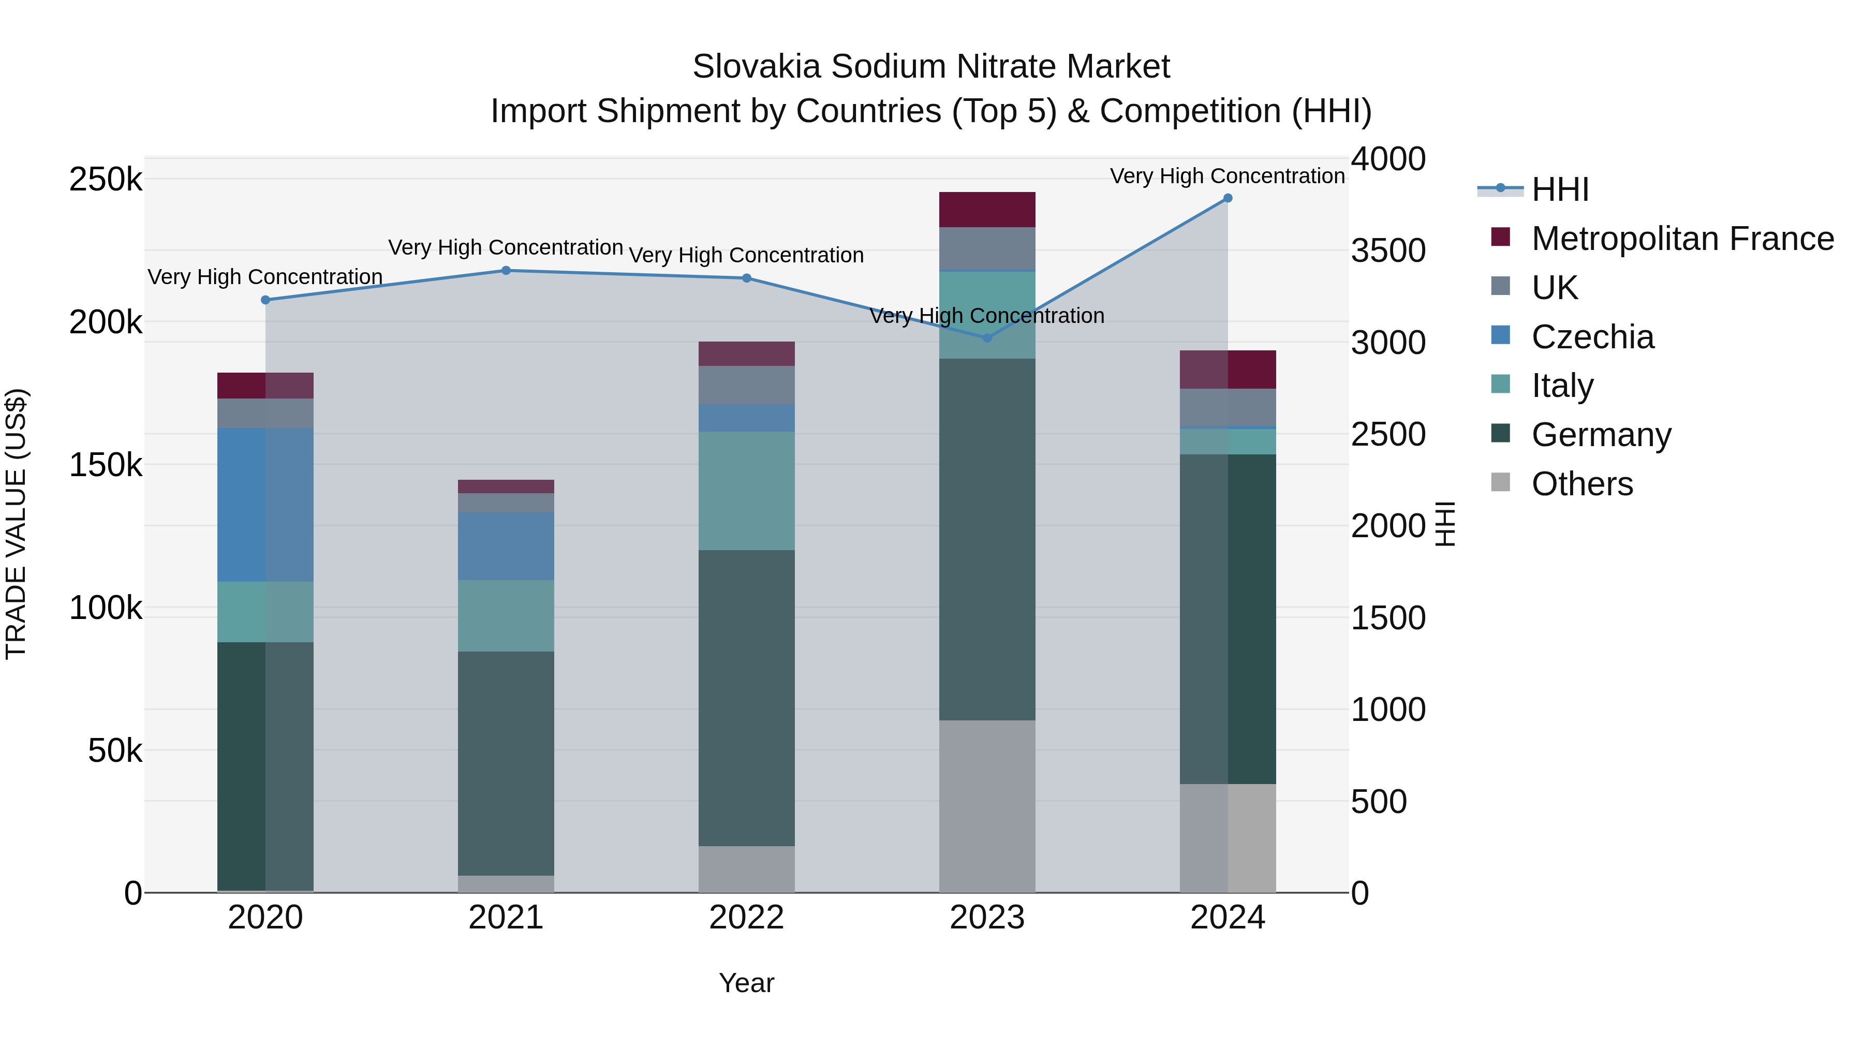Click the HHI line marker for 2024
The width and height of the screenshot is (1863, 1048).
pyautogui.click(x=1228, y=198)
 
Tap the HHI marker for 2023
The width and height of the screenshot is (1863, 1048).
pyautogui.click(x=987, y=338)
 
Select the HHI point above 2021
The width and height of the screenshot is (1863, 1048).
pyautogui.click(x=506, y=271)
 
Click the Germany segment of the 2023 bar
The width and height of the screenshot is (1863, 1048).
pyautogui.click(x=987, y=539)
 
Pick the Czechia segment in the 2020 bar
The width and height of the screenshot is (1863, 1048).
pyautogui.click(x=265, y=505)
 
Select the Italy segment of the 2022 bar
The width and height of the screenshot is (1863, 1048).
pyautogui.click(x=746, y=491)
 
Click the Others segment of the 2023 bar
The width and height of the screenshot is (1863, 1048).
pyautogui.click(x=987, y=806)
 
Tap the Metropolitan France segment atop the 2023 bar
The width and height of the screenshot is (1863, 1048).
pyautogui.click(x=987, y=210)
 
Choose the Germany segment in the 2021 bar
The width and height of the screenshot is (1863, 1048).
pyautogui.click(x=506, y=763)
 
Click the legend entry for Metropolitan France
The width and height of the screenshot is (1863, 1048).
pyautogui.click(x=1682, y=239)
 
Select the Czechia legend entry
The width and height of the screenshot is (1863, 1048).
pyautogui.click(x=1592, y=337)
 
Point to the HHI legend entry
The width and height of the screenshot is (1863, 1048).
pyautogui.click(x=1560, y=189)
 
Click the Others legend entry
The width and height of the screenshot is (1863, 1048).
pyautogui.click(x=1581, y=484)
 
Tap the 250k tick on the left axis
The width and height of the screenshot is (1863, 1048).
pyautogui.click(x=106, y=180)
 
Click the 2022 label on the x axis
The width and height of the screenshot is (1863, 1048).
pyautogui.click(x=746, y=918)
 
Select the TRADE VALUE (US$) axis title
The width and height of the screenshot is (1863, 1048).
pyautogui.click(x=16, y=524)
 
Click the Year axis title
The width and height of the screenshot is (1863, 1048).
pyautogui.click(x=746, y=983)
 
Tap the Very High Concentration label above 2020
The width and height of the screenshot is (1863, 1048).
pyautogui.click(x=265, y=277)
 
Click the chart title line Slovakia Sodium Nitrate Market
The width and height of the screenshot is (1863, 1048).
pyautogui.click(x=931, y=67)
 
